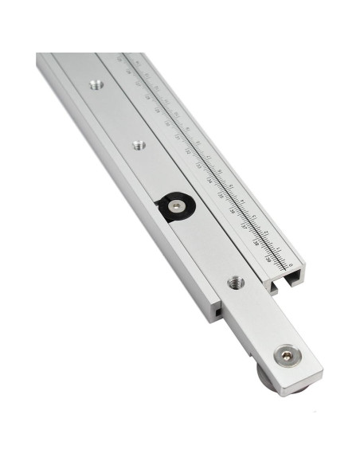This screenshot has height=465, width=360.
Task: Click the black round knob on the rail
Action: [x=173, y=207]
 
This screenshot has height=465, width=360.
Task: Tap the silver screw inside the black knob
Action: [x=176, y=205]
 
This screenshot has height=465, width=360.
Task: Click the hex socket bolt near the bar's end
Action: [x=284, y=355]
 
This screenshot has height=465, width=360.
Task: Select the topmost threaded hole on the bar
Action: [x=96, y=84]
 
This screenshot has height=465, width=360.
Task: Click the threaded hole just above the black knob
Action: [x=139, y=146]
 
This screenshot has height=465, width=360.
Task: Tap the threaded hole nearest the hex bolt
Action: [x=234, y=282]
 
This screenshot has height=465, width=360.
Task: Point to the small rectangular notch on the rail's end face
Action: [x=217, y=313]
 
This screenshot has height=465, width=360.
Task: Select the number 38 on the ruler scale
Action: [x=256, y=242]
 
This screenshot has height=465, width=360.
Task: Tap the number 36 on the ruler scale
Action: [x=233, y=211]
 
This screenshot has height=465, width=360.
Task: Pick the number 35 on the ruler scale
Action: [x=221, y=195]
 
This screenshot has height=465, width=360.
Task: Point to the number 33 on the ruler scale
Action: [x=198, y=166]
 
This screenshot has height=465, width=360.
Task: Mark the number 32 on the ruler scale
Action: [x=187, y=151]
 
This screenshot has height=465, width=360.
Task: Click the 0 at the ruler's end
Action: [x=291, y=265]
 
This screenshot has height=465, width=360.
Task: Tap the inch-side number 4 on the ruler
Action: [x=242, y=201]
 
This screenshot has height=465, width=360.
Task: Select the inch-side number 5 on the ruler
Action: [x=231, y=186]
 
